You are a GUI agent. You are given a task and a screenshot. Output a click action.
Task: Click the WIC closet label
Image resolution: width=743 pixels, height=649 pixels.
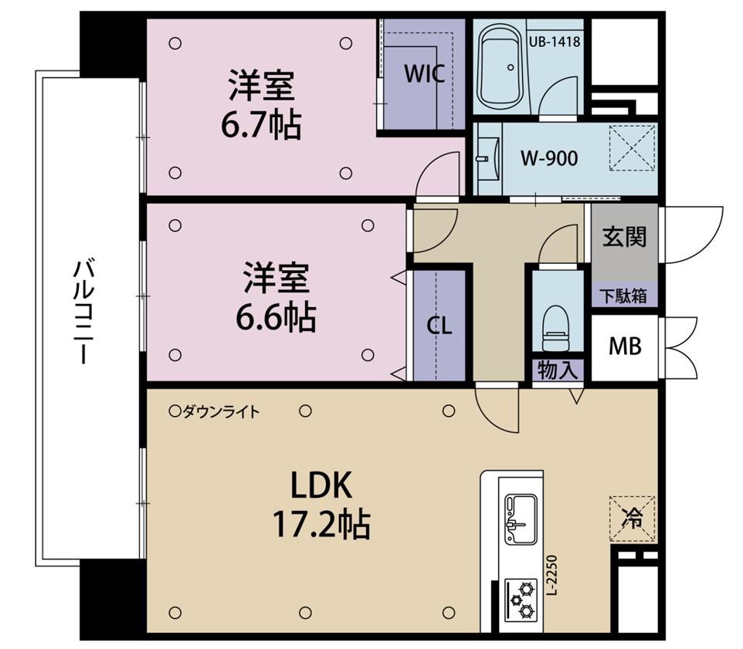[425, 74]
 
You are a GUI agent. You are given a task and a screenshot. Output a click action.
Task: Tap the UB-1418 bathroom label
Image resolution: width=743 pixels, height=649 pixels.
[555, 42]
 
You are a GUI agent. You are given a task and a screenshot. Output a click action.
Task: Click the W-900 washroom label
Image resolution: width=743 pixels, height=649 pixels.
[549, 158]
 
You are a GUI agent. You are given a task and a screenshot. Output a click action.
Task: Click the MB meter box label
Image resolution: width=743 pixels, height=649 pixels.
[625, 346]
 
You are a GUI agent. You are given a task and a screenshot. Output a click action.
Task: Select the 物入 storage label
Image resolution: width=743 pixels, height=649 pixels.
[558, 370]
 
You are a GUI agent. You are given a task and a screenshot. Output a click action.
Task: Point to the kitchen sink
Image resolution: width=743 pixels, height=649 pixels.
[521, 519]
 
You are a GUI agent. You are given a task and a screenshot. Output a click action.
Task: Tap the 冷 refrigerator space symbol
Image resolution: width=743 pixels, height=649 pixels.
[632, 519]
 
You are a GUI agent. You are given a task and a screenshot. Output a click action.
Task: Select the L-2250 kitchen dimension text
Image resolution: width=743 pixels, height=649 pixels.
[552, 575]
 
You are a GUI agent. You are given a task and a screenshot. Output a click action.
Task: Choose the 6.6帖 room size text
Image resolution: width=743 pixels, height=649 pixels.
[277, 318]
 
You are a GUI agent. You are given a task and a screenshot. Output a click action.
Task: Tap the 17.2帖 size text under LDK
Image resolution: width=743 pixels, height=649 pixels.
[321, 525]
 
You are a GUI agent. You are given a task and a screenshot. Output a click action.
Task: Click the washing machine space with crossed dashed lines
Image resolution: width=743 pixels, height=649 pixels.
[633, 147]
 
